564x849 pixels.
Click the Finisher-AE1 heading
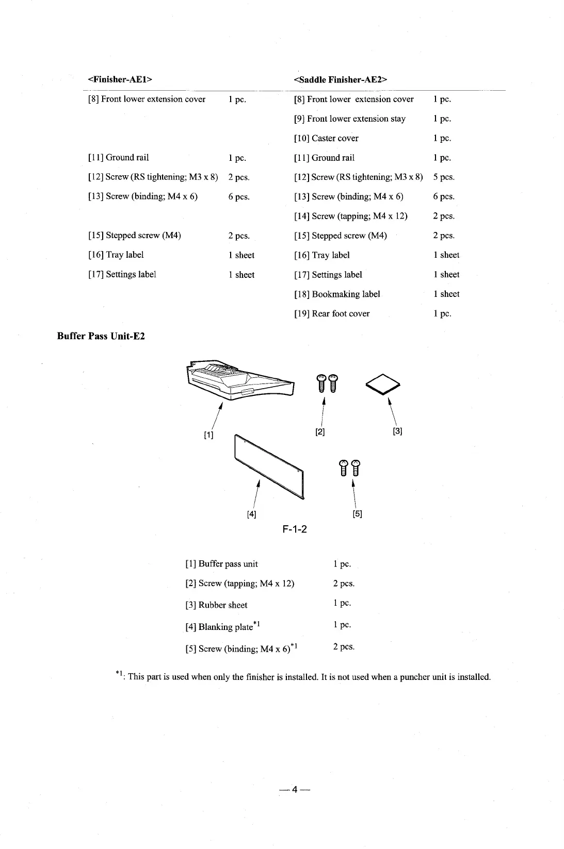coord(121,79)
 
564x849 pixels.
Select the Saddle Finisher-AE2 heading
coord(340,79)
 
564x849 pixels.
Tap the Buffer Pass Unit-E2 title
coord(101,337)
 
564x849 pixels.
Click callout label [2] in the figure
coord(320,431)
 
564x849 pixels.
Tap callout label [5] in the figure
coord(357,513)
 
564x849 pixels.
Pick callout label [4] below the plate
coord(251,513)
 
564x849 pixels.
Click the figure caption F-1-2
coord(295,529)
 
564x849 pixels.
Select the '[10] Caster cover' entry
coord(326,138)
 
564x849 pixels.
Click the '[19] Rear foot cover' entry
coord(332,313)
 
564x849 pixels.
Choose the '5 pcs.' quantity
coord(444,177)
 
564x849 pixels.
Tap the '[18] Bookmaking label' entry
coord(337,294)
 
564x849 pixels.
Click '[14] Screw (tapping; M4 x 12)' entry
coord(351,216)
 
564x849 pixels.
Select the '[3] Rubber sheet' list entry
coord(216,605)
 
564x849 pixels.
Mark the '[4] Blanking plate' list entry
coord(222,627)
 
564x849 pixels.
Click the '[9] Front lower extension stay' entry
coord(350,119)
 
